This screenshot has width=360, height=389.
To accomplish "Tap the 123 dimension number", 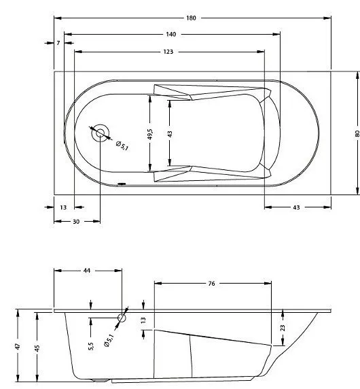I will [x=168, y=52].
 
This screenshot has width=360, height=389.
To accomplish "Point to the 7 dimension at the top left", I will [x=59, y=43].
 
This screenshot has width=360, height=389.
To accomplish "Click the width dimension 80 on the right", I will [x=357, y=133].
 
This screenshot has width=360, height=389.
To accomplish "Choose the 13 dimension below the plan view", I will [x=63, y=207].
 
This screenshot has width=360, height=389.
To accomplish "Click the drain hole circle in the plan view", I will [x=101, y=133].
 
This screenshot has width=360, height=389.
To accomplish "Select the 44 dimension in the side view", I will [x=86, y=271].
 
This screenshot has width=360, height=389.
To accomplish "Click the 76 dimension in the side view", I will [x=213, y=283].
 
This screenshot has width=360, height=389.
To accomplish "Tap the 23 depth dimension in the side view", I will [x=283, y=327].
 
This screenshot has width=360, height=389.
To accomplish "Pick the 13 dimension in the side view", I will [x=143, y=320].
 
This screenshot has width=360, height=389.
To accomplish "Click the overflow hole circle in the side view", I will [x=122, y=317].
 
